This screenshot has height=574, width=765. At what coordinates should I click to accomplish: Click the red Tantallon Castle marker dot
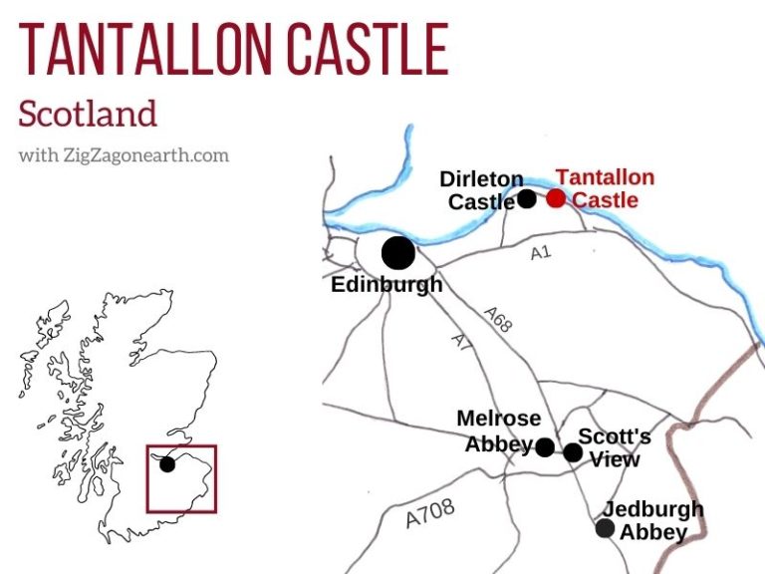click(555, 198)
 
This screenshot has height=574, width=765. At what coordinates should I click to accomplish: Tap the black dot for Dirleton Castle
click(527, 198)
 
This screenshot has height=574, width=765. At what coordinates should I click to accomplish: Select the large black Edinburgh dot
click(398, 252)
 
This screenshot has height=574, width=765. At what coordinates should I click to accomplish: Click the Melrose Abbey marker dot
click(545, 447)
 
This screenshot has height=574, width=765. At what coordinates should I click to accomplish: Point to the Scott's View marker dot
click(573, 452)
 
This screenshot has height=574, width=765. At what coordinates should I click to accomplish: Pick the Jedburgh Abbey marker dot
click(605, 528)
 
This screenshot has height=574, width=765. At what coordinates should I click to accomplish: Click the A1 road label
click(540, 253)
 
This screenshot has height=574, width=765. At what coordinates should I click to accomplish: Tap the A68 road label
click(500, 321)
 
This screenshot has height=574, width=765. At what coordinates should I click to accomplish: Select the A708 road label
click(430, 513)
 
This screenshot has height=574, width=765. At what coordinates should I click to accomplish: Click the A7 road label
click(459, 341)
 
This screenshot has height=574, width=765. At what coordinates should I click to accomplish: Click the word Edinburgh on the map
click(386, 285)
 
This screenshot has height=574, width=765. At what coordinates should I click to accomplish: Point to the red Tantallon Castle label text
click(604, 188)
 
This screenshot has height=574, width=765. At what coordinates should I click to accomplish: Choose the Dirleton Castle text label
click(481, 190)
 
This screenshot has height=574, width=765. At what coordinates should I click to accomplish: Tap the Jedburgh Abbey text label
click(653, 520)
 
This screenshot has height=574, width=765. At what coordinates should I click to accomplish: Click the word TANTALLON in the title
click(150, 48)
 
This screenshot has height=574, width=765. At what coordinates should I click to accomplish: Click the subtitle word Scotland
click(88, 113)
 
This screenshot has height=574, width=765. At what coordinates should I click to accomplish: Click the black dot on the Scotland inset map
click(167, 464)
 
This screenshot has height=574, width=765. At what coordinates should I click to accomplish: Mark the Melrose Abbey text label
click(498, 430)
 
